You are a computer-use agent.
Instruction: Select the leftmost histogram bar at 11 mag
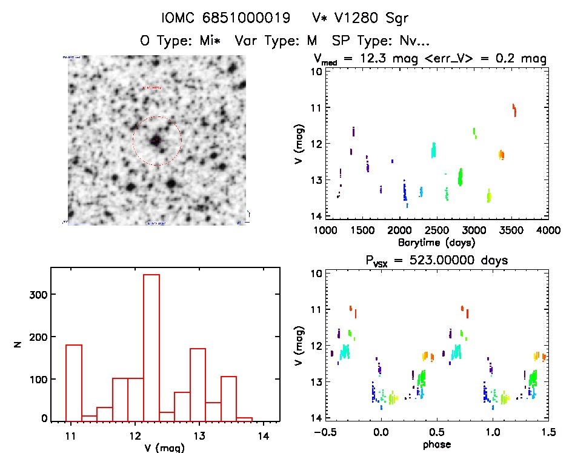click(73, 382)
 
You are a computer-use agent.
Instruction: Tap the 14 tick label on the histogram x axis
click(264, 435)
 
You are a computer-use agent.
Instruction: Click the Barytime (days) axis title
click(436, 242)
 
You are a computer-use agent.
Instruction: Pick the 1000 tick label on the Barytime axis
click(325, 230)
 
